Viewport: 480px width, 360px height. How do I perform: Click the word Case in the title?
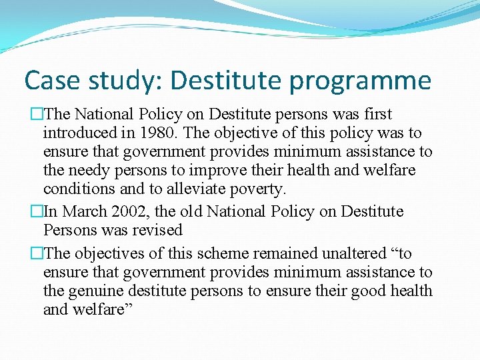click(x=52, y=81)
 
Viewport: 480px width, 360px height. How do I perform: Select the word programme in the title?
click(x=361, y=81)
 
